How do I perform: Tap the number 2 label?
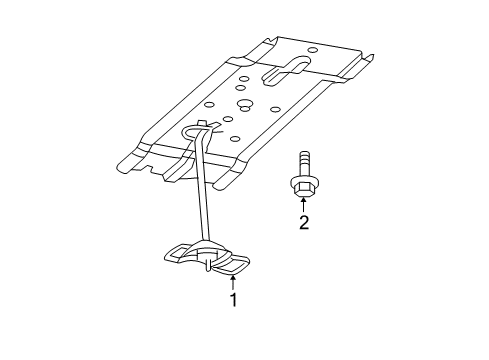303,222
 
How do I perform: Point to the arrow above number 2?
303,204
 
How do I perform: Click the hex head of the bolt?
303,186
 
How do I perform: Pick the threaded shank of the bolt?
303,165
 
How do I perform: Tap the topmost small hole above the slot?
313,49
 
